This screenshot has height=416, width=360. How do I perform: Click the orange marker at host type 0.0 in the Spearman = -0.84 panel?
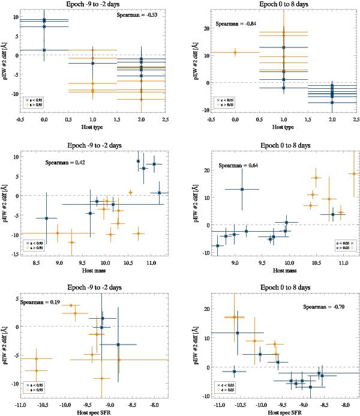pyautogui.click(x=235, y=52)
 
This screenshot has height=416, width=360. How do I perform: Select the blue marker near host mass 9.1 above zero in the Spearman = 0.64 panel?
pyautogui.click(x=242, y=190)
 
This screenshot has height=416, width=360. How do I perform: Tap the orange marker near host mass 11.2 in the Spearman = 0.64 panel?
pyautogui.click(x=353, y=174)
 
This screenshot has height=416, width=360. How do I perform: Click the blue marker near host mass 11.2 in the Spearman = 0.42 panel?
pyautogui.click(x=160, y=193)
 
